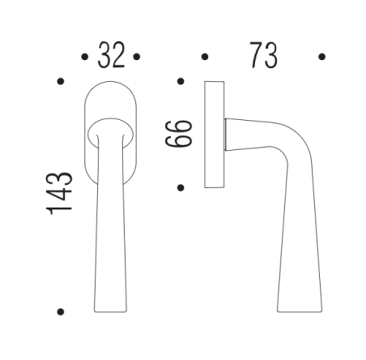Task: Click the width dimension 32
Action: coord(110,56)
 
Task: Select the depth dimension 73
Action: coord(262,56)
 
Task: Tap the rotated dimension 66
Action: coord(181,133)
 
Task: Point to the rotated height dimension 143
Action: coord(61,193)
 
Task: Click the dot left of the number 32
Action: coord(84,57)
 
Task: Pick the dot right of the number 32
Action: coord(137,57)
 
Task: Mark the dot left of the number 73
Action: coord(204,57)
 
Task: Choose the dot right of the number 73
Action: coord(322,57)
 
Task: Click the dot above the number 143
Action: coord(60,82)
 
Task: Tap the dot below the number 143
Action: coord(60,311)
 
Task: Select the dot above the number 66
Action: coord(180,82)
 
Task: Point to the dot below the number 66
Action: coord(180,188)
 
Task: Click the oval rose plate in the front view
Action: coord(110,97)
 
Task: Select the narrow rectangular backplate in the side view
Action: coord(214,134)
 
